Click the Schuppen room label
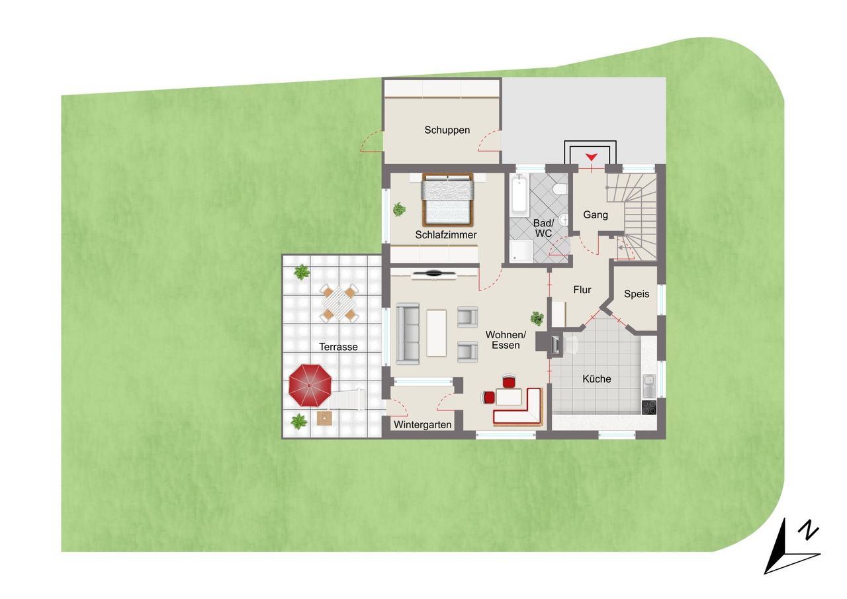447,130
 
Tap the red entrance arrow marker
591,157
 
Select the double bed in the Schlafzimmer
448,200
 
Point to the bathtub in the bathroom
519,195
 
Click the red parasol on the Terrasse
310,385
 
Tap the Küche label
597,379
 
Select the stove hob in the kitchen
649,407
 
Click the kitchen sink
649,385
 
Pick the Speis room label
637,294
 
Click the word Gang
596,215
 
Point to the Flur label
582,290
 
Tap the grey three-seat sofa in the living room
408,334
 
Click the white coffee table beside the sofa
436,333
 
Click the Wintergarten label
422,425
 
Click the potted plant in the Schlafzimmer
399,209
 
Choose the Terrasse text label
338,347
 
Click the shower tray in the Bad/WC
521,251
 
